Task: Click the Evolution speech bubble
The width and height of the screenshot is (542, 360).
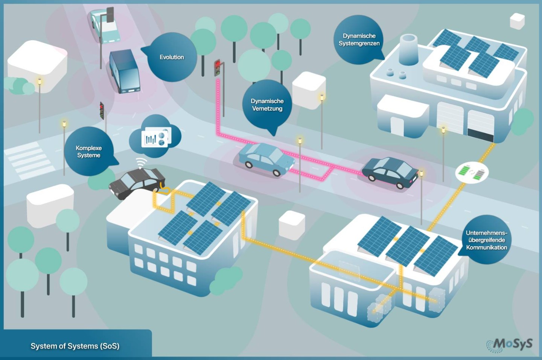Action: click(x=172, y=57)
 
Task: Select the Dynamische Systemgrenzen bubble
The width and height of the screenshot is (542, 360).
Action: click(x=359, y=39)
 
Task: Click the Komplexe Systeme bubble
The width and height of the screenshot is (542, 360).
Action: click(x=89, y=151)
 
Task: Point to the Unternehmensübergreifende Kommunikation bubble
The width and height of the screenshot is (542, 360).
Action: click(x=486, y=240)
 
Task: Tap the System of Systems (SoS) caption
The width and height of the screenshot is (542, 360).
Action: click(x=75, y=346)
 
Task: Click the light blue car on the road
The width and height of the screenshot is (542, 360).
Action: click(x=266, y=159)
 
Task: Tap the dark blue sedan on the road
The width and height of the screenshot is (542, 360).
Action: click(x=390, y=173)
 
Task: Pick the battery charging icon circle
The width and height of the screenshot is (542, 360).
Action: click(x=471, y=173)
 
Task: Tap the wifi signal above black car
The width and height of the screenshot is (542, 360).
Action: click(x=141, y=163)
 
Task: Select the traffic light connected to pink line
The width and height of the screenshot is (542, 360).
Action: click(x=218, y=68)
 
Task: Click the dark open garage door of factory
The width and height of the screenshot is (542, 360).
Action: click(x=480, y=135)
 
